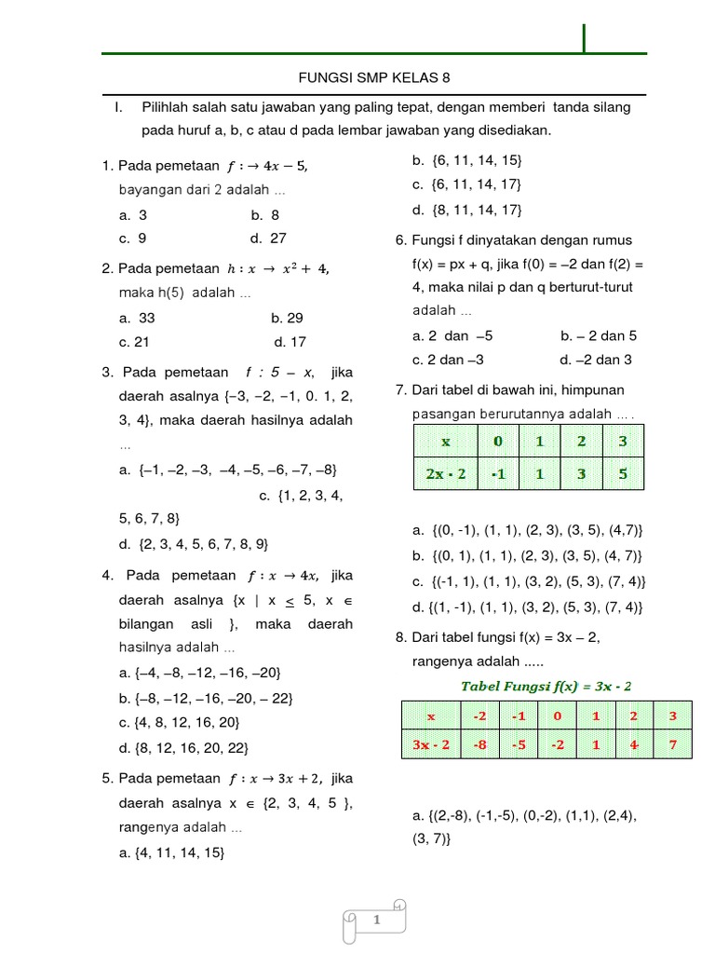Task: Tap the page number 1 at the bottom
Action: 377,920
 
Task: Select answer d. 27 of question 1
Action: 268,238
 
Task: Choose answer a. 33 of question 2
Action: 137,318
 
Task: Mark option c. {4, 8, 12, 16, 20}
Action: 179,722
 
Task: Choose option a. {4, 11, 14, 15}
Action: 171,852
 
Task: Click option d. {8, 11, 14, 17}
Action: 466,209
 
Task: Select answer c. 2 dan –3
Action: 449,360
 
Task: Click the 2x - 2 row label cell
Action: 445,473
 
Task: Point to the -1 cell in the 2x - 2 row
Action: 500,473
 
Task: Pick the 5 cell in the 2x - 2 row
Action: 623,473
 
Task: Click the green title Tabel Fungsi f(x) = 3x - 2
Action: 546,686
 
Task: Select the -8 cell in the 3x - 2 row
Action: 480,744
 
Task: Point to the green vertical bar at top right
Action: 585,39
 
